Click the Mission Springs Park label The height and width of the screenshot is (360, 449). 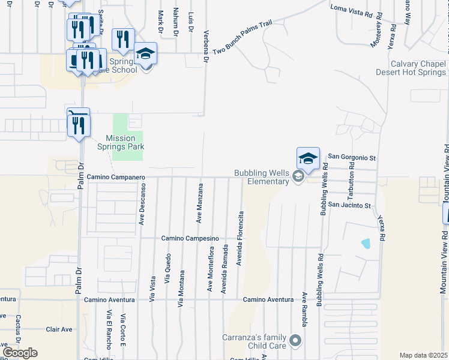[x=121, y=142]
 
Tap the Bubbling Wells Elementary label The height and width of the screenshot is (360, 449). [x=261, y=177]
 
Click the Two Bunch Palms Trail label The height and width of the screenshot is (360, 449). [x=243, y=38]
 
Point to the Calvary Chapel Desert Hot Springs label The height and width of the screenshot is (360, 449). [x=411, y=68]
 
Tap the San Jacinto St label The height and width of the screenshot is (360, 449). [x=351, y=206]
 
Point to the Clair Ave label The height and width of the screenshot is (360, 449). [x=59, y=329]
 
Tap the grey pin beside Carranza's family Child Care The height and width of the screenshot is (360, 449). [x=295, y=341]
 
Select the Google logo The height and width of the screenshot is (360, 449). [x=19, y=352]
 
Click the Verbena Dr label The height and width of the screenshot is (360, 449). [x=206, y=47]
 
